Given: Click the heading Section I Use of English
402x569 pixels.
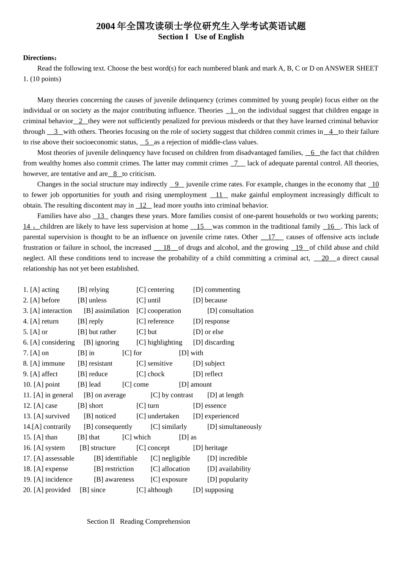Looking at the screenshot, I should click(201, 37).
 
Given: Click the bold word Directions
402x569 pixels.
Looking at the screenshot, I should click(40, 58).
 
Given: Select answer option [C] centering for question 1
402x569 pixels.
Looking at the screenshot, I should click(155, 290).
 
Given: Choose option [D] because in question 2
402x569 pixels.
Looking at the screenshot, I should click(210, 300).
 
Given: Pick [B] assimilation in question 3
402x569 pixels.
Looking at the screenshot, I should click(106, 311).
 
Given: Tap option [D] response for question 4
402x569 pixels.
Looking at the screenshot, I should click(211, 321).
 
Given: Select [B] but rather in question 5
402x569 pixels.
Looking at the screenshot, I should click(97, 332).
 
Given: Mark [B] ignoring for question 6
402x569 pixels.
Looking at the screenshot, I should click(101, 343).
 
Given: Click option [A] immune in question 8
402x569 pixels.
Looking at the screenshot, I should click(47, 364).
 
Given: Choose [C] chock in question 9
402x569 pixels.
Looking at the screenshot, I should click(150, 374).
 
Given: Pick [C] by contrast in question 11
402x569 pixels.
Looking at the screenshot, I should click(171, 395).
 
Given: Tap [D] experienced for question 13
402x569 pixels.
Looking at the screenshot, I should click(216, 416).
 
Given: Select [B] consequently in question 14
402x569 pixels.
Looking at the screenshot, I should click(108, 427).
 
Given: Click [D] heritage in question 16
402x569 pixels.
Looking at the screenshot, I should click(210, 448).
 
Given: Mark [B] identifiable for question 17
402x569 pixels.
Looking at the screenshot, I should click(116, 459).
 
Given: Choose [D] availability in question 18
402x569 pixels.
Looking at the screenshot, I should click(229, 469).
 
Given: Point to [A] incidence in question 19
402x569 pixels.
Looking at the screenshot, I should click(53, 480).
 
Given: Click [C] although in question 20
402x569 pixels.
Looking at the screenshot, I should click(154, 490).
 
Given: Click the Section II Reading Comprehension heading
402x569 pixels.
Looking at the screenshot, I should click(138, 522).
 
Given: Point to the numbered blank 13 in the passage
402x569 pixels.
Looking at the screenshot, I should click(100, 216).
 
